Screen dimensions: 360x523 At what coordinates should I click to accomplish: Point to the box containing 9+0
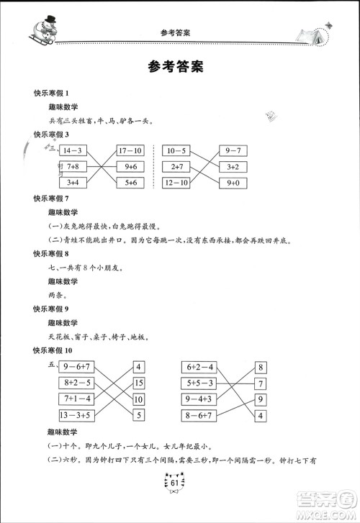233,183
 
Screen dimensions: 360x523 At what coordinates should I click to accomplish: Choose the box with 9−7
233,150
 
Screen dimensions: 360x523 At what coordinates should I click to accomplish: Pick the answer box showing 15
139,383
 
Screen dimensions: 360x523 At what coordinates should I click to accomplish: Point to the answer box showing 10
139,399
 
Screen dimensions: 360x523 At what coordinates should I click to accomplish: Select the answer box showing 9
260,399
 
